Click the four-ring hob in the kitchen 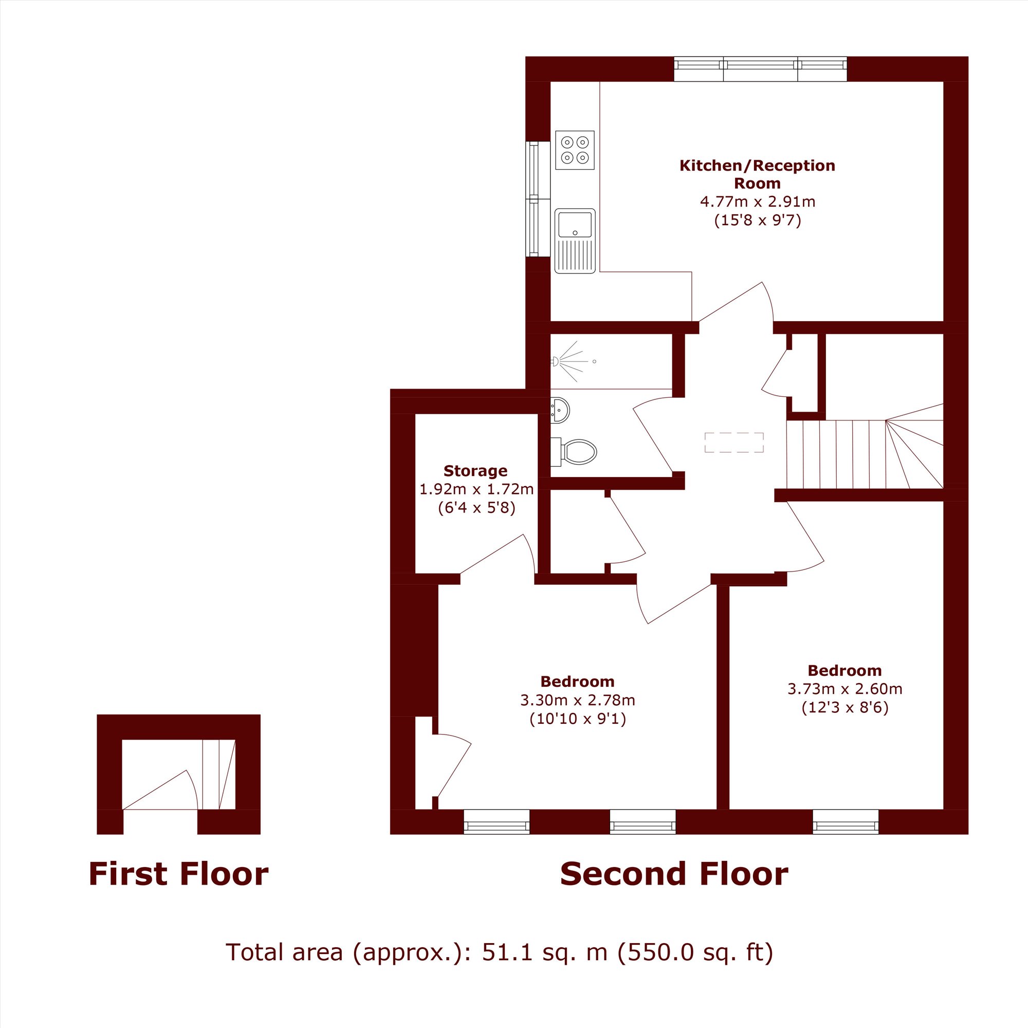pos(575,150)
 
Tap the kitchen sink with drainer pos(575,241)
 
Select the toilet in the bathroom pos(574,451)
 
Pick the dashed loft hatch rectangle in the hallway pos(735,443)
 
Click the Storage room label pos(475,471)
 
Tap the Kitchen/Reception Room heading pos(757,174)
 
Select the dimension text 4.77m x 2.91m pos(757,201)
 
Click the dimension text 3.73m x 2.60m pos(845,689)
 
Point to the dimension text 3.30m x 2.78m pos(578,700)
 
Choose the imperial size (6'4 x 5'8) pos(477,508)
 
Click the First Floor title pos(179,874)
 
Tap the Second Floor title pos(674,874)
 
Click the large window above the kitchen pos(760,69)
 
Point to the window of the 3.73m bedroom pos(846,821)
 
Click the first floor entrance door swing pos(161,790)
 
